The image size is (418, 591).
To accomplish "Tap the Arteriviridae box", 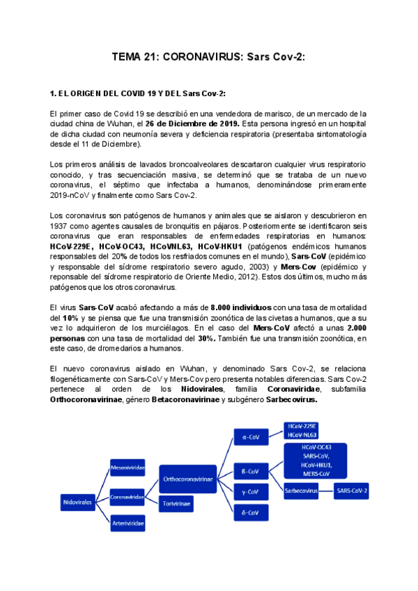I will (127, 522).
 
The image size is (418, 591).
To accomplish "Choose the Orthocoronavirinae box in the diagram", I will (188, 479).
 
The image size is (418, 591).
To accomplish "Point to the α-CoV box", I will (249, 437).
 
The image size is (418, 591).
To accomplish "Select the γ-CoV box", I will (249, 492).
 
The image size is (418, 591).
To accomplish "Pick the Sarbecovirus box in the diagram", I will (301, 491).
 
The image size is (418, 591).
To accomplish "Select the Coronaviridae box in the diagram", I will (127, 497).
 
